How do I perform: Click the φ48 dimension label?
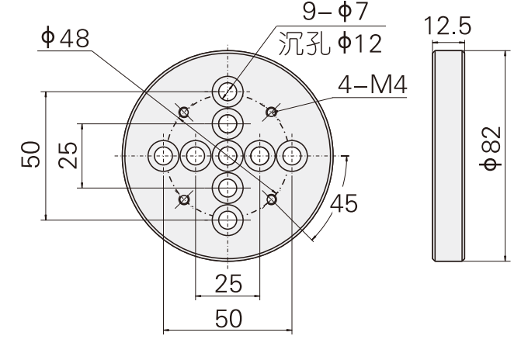pos(64,39)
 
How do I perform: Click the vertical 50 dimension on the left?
pos(30,156)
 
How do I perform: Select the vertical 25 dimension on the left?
pos(68,155)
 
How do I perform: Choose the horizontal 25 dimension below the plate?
pos(228,285)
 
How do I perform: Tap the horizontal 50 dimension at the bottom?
pos(228,320)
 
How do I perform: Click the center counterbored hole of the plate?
pos(228,156)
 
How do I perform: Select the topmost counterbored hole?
pos(228,92)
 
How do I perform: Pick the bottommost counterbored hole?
pos(228,220)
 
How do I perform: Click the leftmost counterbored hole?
pos(163,156)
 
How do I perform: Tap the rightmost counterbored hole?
pos(292,156)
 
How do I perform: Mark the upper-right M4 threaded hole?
pos(271,113)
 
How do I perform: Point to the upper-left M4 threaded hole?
pos(184,113)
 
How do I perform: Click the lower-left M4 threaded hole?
pos(184,199)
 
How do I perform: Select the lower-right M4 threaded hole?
pos(271,199)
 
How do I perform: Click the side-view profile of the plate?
pos(448,155)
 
